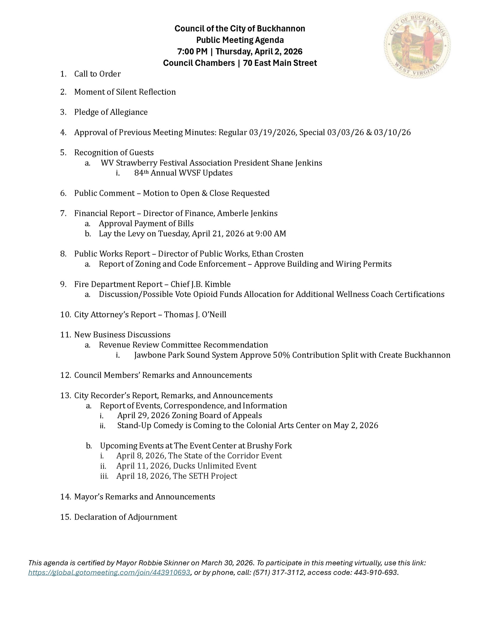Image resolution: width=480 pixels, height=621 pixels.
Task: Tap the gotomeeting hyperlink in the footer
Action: coord(109,572)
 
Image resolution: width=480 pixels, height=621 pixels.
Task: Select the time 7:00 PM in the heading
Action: coord(192,51)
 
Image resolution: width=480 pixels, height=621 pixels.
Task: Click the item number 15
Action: coord(65,517)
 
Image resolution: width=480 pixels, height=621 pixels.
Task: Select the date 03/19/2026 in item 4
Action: coord(272,132)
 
